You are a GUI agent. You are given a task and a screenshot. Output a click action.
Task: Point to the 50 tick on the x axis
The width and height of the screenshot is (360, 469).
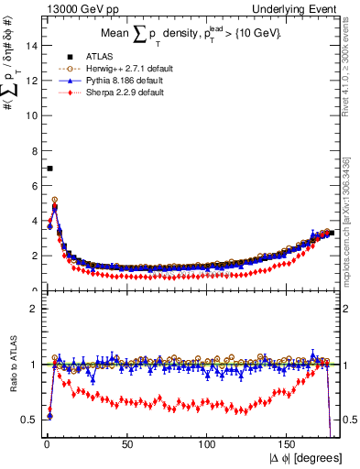126,444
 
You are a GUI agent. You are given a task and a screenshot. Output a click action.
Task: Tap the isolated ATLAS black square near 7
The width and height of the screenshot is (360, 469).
49,169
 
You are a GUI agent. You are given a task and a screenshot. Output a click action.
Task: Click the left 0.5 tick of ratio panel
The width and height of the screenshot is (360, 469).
27,420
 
